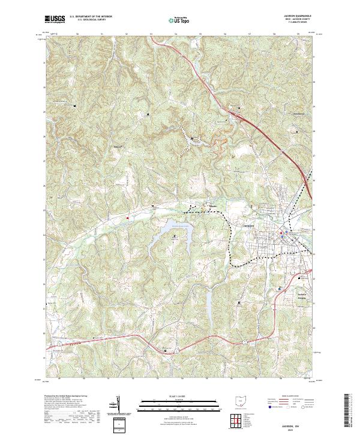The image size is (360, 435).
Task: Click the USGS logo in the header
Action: (x=54, y=19)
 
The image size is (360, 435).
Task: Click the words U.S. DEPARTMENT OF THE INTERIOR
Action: (x=90, y=16)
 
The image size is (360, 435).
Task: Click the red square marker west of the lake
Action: (x=127, y=217)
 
